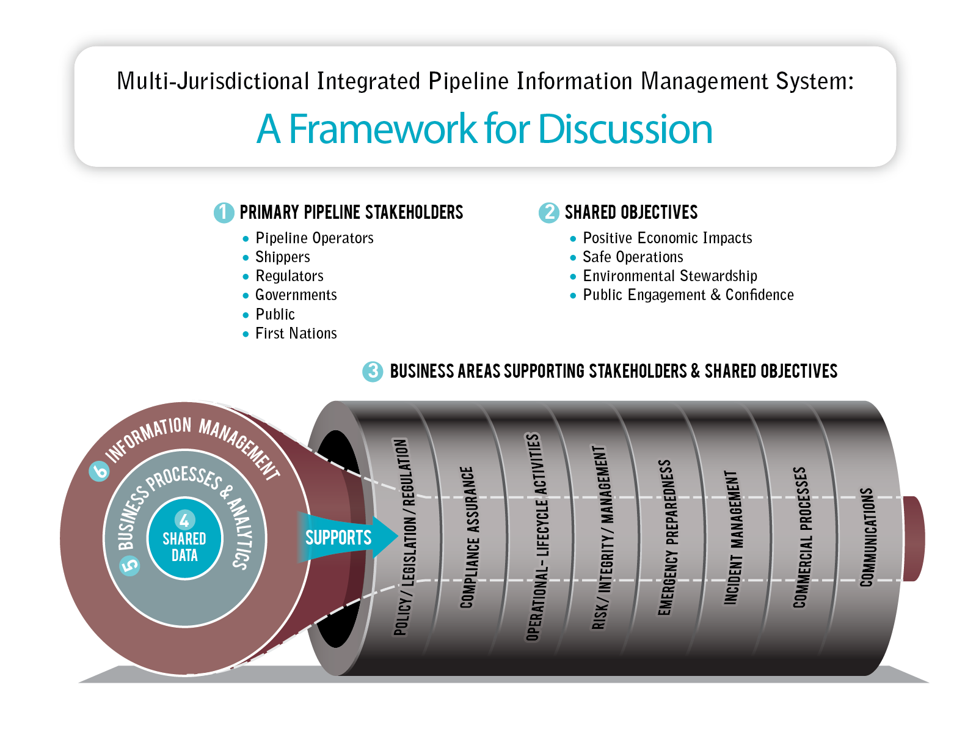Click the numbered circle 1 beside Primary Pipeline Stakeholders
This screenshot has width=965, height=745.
click(224, 212)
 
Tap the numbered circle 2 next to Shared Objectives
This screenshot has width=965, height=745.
click(548, 212)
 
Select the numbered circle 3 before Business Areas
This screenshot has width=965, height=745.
click(373, 371)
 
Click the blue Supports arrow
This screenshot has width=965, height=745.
click(342, 537)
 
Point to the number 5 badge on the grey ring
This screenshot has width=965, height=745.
click(129, 565)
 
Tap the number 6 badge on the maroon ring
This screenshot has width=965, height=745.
click(99, 471)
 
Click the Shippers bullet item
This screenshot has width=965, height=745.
click(283, 257)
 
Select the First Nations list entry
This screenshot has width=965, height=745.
click(296, 333)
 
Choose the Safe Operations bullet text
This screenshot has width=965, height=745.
click(633, 257)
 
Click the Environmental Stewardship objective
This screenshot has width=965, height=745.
click(670, 276)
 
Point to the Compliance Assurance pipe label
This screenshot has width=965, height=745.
click(467, 537)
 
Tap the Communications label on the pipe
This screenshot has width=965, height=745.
click(867, 537)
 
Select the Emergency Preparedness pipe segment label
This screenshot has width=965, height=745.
click(665, 537)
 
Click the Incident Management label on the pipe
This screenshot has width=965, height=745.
click(732, 537)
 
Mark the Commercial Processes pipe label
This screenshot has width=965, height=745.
click(800, 537)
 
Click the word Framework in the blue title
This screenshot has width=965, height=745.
click(382, 129)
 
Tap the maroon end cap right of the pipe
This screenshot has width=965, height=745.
click(913, 538)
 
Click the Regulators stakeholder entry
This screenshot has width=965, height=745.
click(289, 276)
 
